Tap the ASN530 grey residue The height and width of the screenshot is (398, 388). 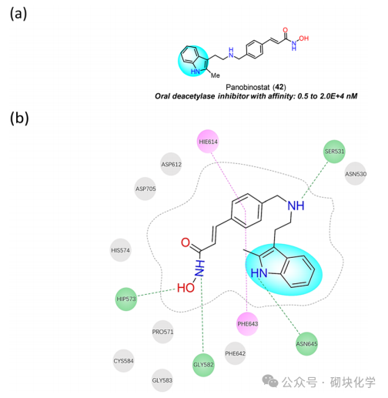pos(356,173)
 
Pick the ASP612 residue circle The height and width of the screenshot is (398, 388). pos(171,164)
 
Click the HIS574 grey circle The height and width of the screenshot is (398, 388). pos(121,250)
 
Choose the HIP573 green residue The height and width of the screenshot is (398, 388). pos(126,299)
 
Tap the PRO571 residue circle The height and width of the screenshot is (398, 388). pos(163,332)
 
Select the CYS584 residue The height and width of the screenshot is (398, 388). pos(123,360)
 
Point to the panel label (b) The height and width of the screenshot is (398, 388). pos(24,119)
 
